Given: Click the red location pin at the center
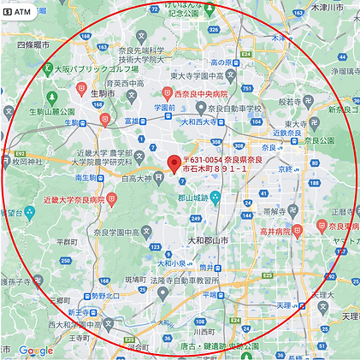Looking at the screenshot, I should (174, 163).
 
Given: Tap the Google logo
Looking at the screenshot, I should (36, 350).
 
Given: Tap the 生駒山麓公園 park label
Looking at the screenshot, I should (50, 111).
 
